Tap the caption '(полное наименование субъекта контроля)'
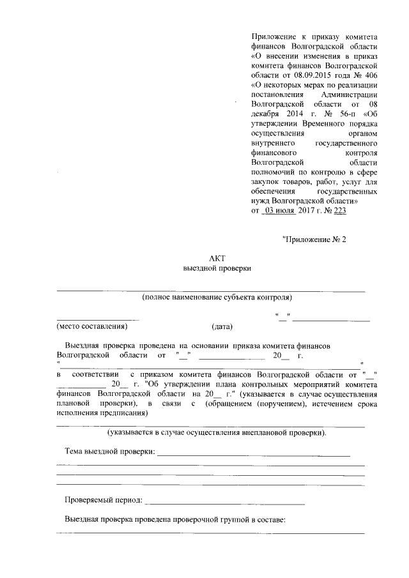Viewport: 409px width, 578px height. [x=217, y=298]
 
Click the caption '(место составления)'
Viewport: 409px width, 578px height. [x=93, y=326]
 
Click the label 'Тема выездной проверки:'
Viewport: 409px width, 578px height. [x=110, y=452]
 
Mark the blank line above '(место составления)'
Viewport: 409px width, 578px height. [x=98, y=318]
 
